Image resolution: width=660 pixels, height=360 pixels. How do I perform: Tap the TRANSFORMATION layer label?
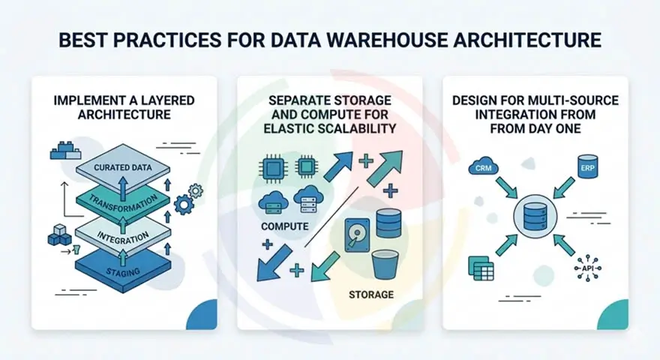[123, 201]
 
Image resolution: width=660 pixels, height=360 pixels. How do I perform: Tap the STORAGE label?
[370, 294]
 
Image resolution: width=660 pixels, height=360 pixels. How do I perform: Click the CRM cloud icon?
[482, 167]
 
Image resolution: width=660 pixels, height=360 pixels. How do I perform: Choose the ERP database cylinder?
[587, 166]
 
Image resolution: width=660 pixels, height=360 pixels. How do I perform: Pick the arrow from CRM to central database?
[506, 188]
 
